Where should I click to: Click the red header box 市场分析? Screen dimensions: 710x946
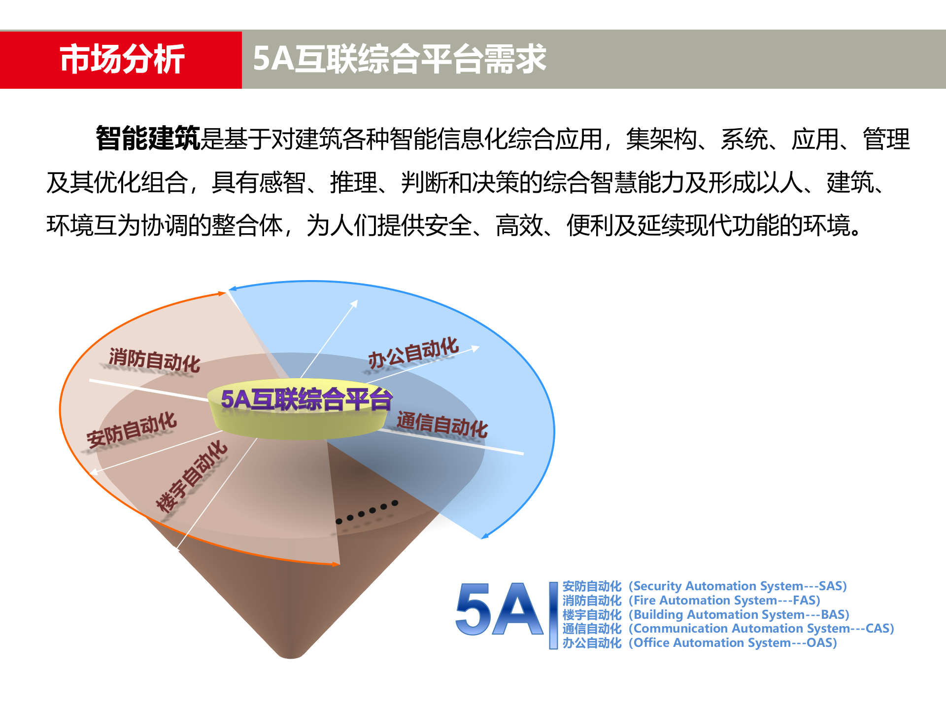click(x=121, y=60)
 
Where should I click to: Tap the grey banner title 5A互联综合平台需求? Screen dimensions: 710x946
click(x=399, y=59)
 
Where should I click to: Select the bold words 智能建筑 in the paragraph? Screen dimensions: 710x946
click(x=148, y=138)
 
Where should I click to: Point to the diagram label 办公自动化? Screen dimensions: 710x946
click(x=413, y=353)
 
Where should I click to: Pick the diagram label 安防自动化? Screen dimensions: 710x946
click(x=132, y=429)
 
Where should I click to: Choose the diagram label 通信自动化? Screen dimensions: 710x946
click(x=442, y=425)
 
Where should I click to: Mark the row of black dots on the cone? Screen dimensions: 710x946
click(x=367, y=512)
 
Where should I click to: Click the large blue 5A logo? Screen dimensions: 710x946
click(x=499, y=609)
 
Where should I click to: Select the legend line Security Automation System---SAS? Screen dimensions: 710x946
click(x=705, y=586)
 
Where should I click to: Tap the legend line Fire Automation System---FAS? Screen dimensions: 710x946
click(x=691, y=601)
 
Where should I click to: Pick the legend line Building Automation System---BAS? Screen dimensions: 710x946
click(x=706, y=615)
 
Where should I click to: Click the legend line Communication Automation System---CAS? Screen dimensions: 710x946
click(x=728, y=629)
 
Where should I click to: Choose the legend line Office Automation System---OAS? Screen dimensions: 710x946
click(x=700, y=643)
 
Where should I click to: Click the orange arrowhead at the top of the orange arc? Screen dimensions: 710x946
click(x=222, y=294)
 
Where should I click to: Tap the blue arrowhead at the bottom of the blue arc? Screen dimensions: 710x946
click(x=485, y=536)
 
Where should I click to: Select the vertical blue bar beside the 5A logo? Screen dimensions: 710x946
click(x=553, y=615)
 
